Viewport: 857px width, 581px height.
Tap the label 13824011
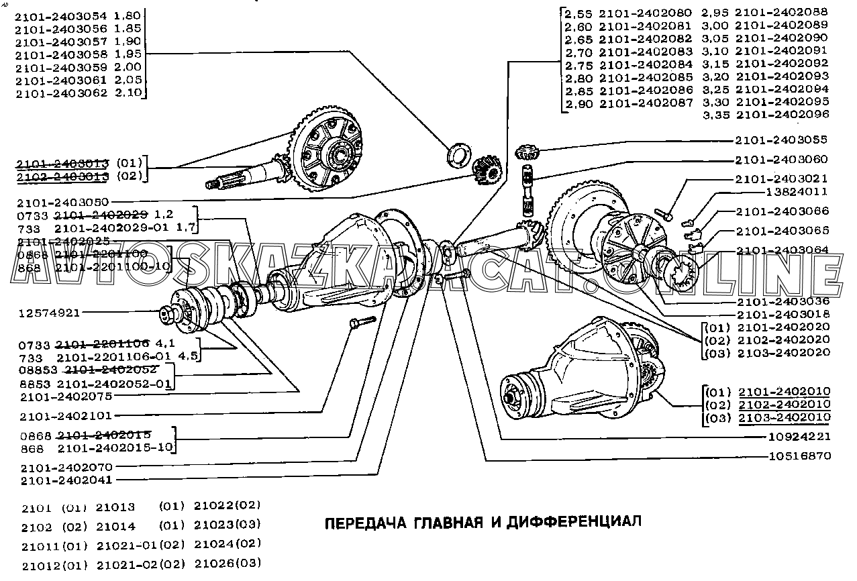coord(797,191)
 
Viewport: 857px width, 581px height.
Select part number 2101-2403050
coord(64,202)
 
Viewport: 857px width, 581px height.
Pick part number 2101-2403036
coord(783,301)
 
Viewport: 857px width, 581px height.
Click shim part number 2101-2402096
coord(783,115)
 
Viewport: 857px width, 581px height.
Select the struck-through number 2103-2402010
coord(785,417)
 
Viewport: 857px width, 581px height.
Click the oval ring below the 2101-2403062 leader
coord(458,152)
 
